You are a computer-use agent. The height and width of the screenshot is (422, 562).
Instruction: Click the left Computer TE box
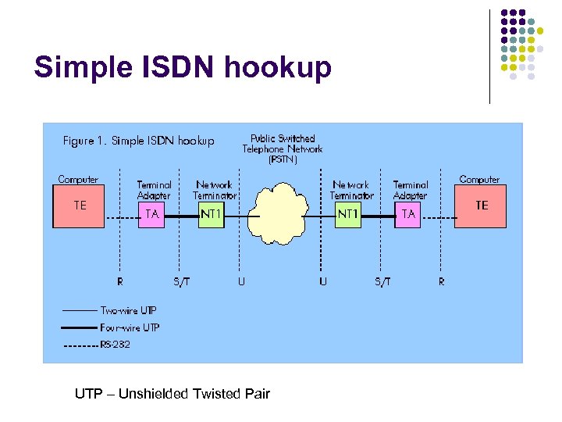78,206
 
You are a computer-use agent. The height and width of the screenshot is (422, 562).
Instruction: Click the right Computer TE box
481,206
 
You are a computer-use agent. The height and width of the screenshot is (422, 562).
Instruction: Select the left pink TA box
153,215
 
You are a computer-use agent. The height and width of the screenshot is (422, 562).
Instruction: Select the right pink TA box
408,214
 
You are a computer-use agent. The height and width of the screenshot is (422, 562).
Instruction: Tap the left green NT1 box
211,214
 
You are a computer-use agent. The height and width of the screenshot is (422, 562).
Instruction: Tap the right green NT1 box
348,214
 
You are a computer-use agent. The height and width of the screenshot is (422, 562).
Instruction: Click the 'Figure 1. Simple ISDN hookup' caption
138,141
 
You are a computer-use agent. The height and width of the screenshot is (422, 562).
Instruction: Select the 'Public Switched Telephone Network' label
282,144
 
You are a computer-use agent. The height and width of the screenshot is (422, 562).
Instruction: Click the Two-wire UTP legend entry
129,311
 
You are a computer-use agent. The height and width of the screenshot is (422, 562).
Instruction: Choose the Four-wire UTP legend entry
130,327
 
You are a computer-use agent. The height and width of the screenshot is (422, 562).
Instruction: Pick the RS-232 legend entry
115,345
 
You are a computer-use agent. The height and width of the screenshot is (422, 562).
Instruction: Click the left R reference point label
119,281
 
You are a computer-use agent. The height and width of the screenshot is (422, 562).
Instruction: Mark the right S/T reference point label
382,281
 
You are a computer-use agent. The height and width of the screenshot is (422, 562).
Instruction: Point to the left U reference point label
241,281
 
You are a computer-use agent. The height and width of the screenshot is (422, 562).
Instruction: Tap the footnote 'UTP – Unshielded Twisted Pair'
172,394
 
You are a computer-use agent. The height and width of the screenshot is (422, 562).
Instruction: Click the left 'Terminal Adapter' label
154,190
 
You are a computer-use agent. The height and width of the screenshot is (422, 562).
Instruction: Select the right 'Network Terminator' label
351,190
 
